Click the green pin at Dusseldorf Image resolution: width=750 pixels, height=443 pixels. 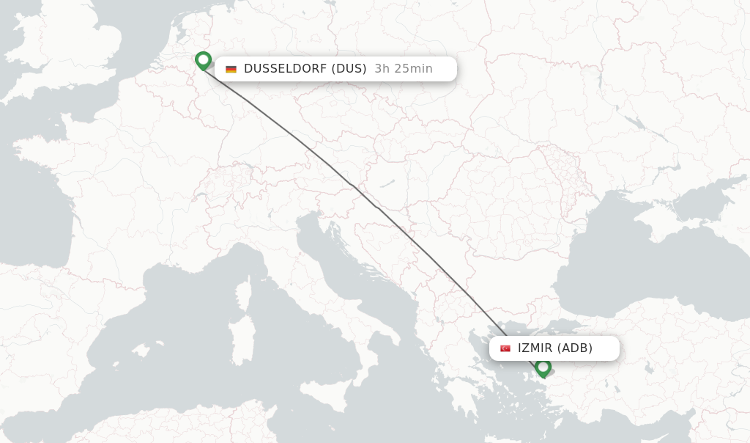point(204,60)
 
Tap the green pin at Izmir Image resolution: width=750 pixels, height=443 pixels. point(543,366)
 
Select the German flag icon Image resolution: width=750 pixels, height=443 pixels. point(231,69)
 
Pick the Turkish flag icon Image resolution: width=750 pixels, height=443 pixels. point(505,348)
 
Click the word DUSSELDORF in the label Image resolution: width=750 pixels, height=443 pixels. point(286,69)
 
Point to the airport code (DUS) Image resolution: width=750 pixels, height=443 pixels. point(349,69)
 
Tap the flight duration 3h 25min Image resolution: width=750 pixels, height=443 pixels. point(403,69)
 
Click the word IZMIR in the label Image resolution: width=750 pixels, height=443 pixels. point(535,348)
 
